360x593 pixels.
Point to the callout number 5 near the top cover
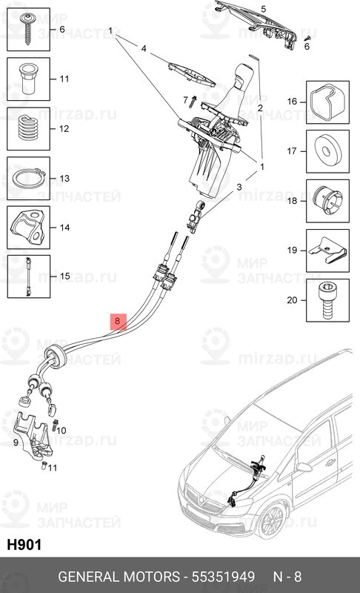pyautogui.click(x=263, y=8)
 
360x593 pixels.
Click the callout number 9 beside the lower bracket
pyautogui.click(x=16, y=443)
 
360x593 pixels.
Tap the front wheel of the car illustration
pyautogui.click(x=271, y=526)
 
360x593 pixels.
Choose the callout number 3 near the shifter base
pyautogui.click(x=239, y=188)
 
